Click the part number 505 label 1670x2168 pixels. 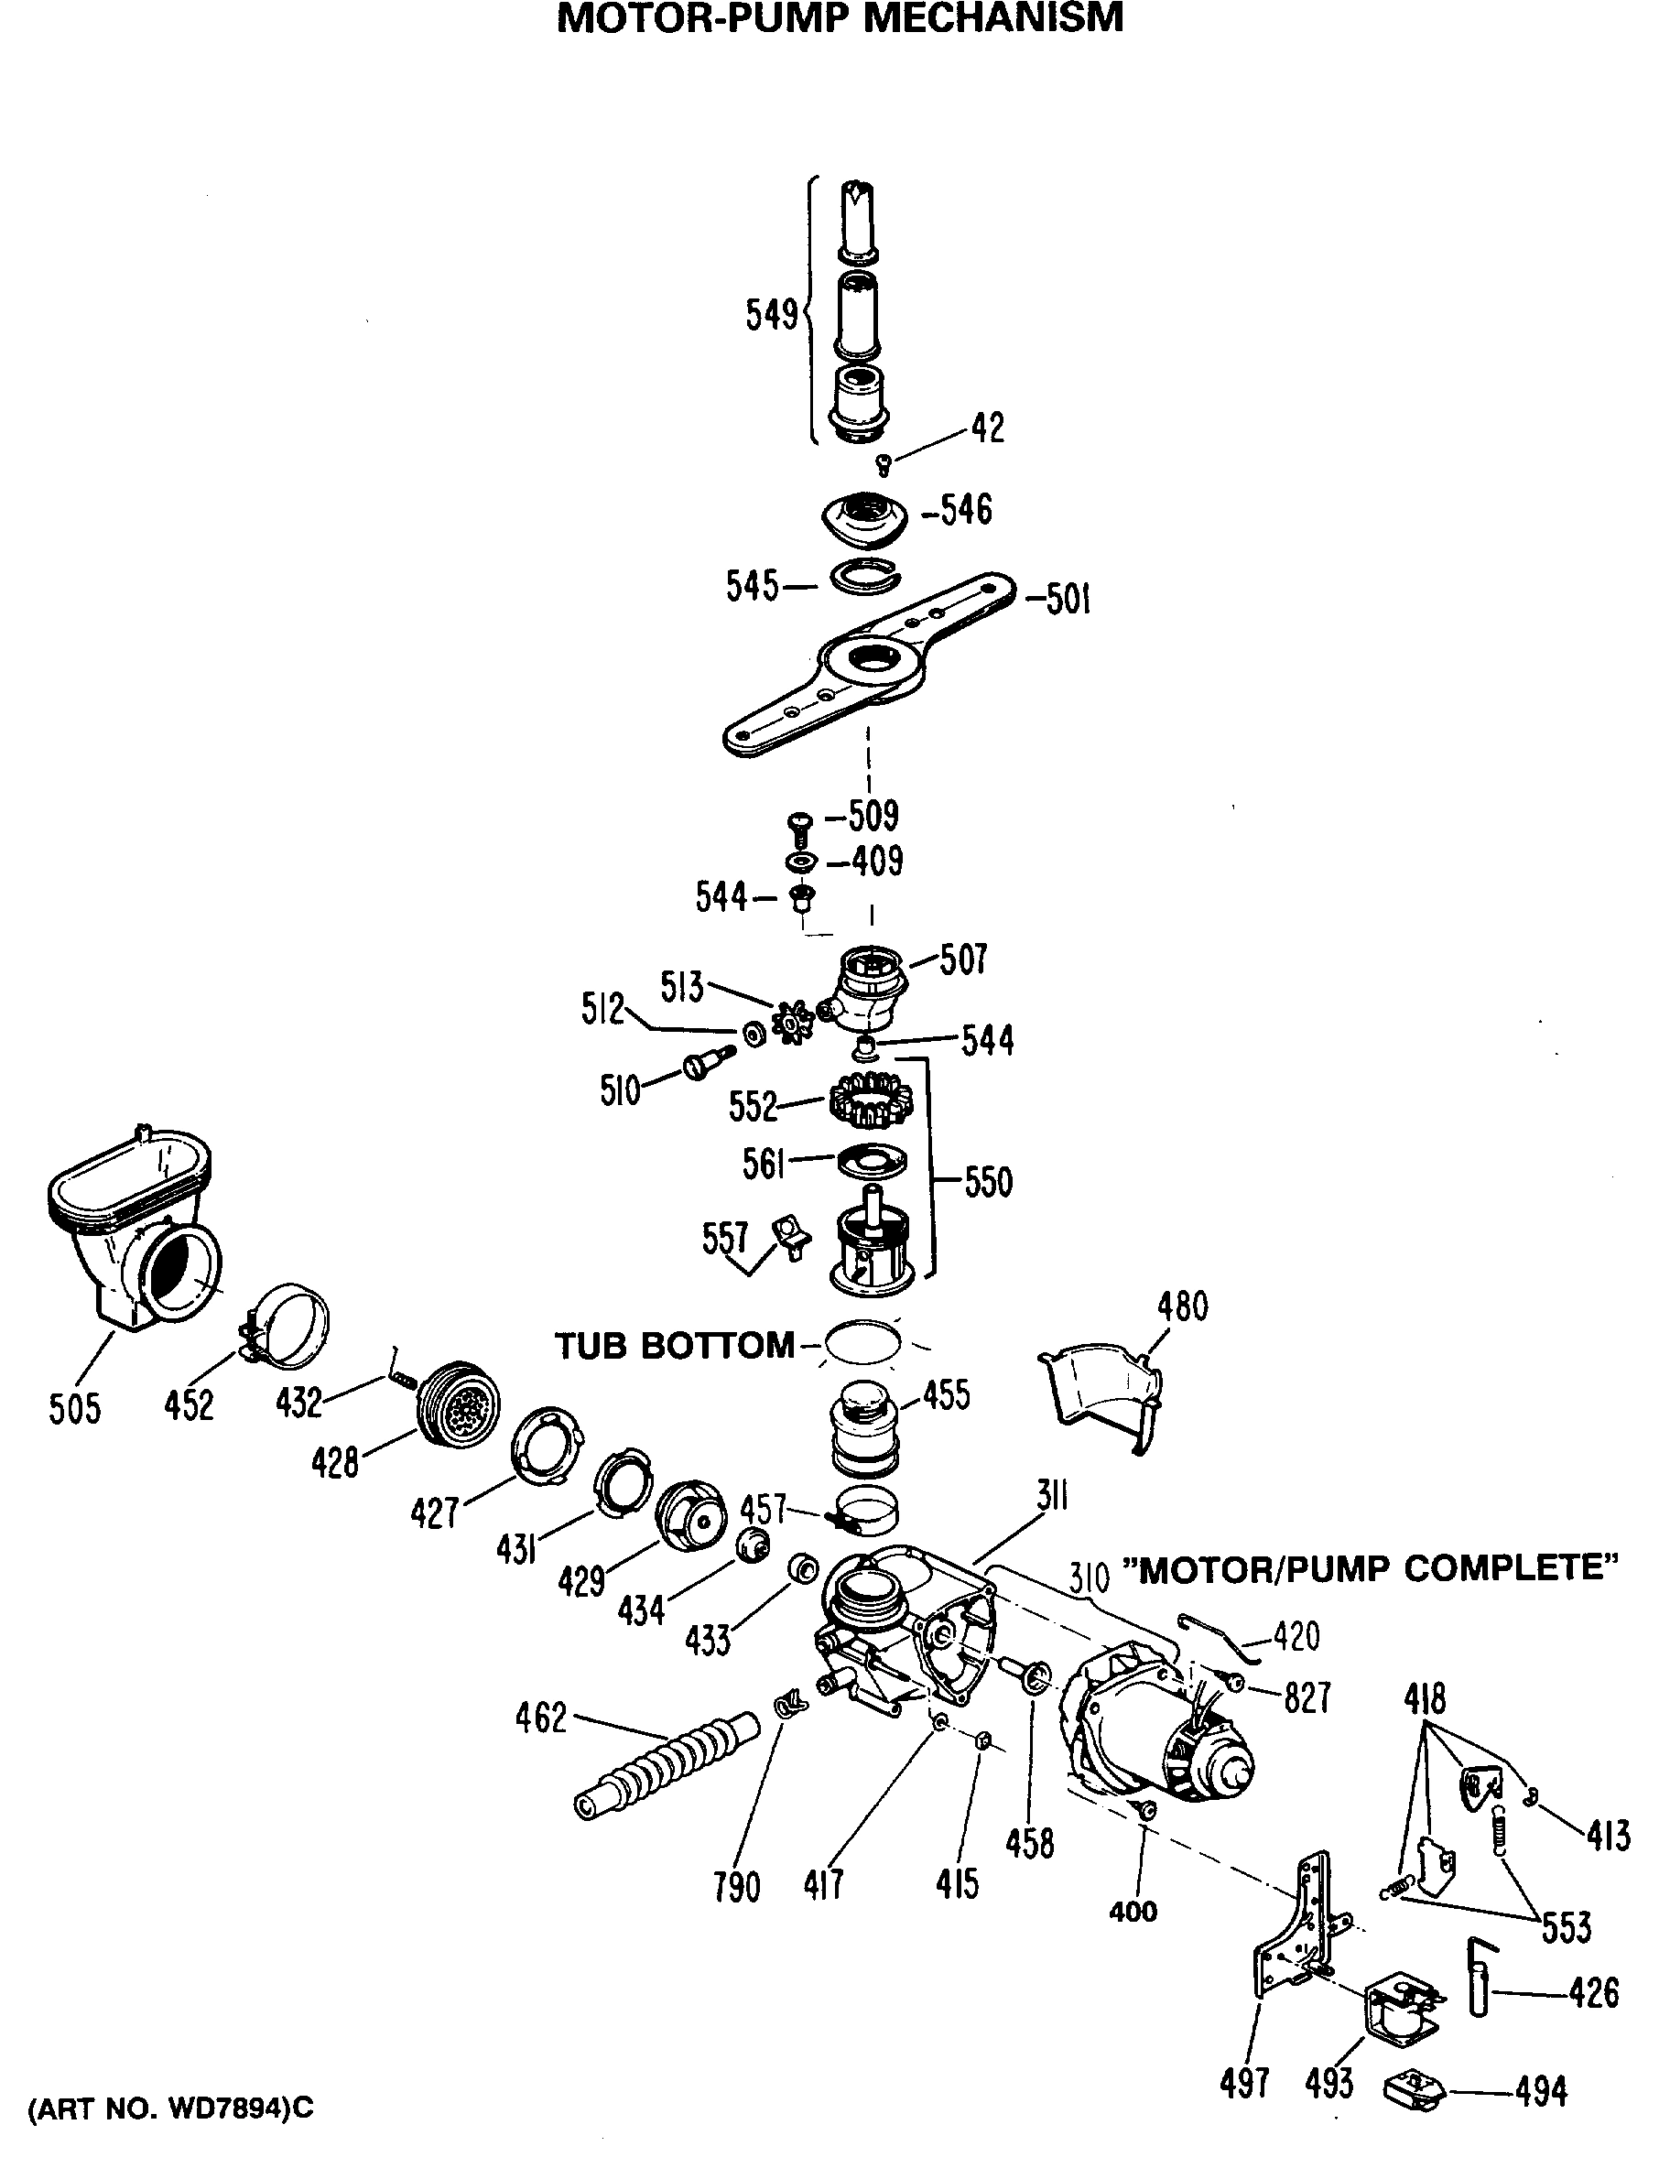point(74,1409)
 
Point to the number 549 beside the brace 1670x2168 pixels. point(772,316)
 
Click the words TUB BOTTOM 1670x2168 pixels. point(674,1346)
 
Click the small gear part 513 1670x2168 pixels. point(793,1023)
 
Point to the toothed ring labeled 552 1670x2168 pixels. point(870,1100)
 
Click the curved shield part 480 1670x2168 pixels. point(1102,1390)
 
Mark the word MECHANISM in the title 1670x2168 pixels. point(992,18)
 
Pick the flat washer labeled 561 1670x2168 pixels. point(872,1157)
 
